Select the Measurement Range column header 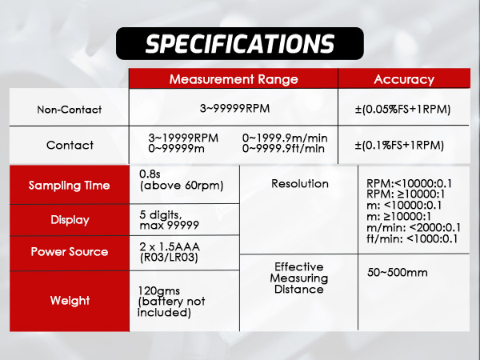tap(233, 79)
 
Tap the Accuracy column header tap(404, 79)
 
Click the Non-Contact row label tap(70, 110)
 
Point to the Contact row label tap(70, 146)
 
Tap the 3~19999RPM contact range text tap(183, 138)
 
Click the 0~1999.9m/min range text tap(283, 138)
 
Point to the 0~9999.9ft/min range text tap(283, 148)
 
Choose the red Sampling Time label tap(70, 186)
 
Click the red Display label tap(70, 220)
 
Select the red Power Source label tap(70, 252)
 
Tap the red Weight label tap(70, 301)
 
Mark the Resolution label tap(299, 183)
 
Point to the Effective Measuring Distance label tap(299, 278)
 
